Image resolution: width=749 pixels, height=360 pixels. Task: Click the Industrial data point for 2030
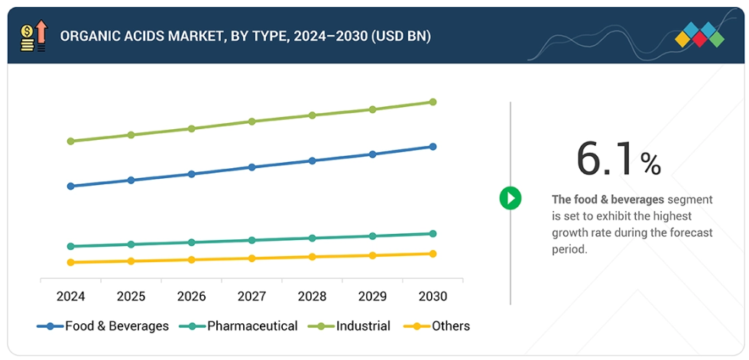pyautogui.click(x=433, y=102)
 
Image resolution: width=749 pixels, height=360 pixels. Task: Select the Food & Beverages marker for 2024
pyautogui.click(x=71, y=186)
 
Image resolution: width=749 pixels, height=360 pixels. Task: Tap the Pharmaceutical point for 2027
pyautogui.click(x=251, y=240)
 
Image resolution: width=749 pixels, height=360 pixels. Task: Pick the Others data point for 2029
pyautogui.click(x=372, y=255)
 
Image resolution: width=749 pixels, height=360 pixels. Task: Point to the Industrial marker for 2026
pyautogui.click(x=192, y=128)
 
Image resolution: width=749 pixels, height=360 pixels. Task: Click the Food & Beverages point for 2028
pyautogui.click(x=312, y=161)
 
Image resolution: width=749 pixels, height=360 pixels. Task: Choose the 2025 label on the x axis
pyautogui.click(x=131, y=296)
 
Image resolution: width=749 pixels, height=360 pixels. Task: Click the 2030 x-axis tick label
pyautogui.click(x=432, y=296)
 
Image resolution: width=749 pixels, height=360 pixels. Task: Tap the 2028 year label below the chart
pyautogui.click(x=312, y=296)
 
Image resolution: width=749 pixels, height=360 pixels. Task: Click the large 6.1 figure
pyautogui.click(x=605, y=159)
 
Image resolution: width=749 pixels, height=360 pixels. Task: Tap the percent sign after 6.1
pyautogui.click(x=650, y=163)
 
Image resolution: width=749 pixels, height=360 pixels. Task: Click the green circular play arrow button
pyautogui.click(x=510, y=199)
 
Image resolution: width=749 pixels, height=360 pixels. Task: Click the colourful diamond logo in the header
pyautogui.click(x=699, y=34)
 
